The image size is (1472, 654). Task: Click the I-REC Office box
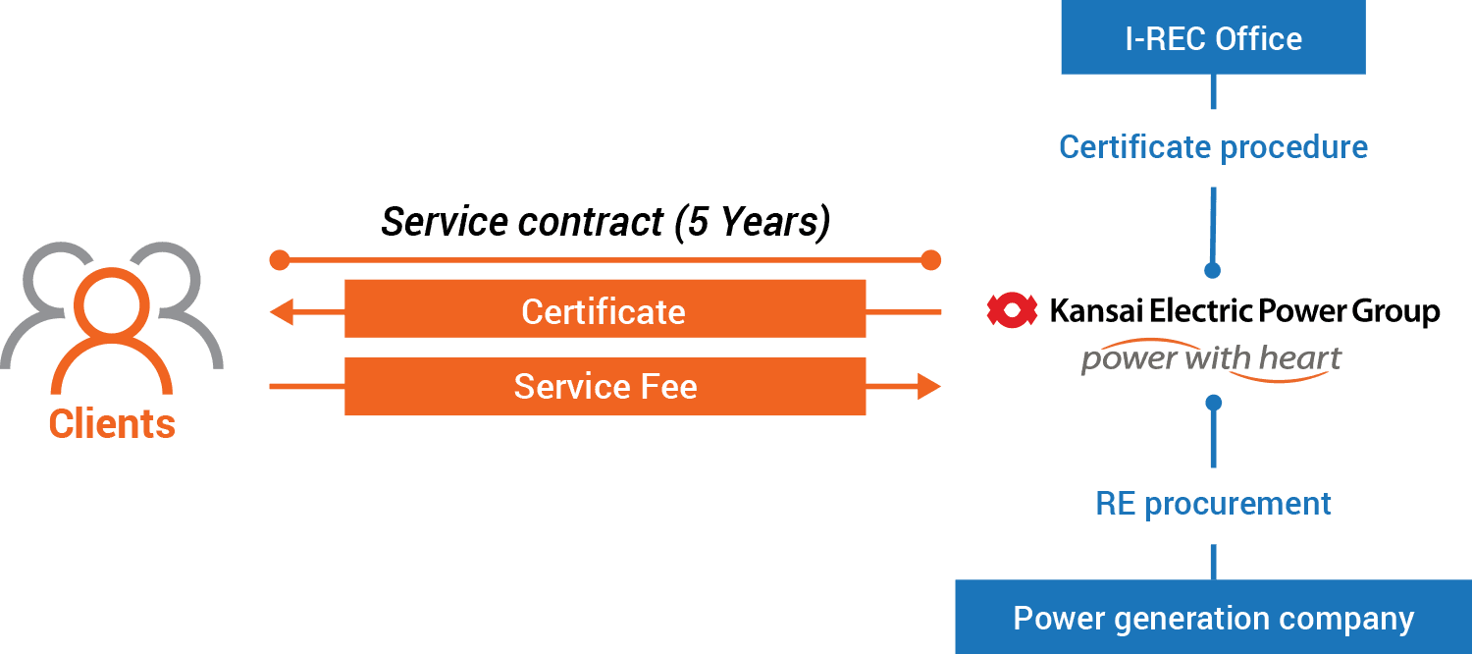point(1213,38)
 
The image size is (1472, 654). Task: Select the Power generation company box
point(1213,619)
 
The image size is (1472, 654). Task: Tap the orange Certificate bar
point(605,311)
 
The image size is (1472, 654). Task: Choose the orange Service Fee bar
point(605,386)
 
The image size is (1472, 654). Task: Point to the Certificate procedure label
point(1213,148)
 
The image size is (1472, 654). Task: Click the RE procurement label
point(1213,504)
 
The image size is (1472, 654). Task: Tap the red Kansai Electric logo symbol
point(1012,311)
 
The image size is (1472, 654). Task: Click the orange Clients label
point(112,424)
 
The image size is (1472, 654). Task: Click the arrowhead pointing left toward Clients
point(282,313)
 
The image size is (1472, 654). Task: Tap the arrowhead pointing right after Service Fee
point(928,387)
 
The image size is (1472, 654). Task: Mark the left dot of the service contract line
point(280,260)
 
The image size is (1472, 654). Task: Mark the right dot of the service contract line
point(930,260)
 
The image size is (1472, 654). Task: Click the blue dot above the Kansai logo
point(1213,270)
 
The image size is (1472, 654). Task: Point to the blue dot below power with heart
point(1213,403)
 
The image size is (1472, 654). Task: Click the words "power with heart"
point(1211,359)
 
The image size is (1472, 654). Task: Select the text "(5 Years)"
point(752,223)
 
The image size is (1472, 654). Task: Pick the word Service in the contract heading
point(443,223)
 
